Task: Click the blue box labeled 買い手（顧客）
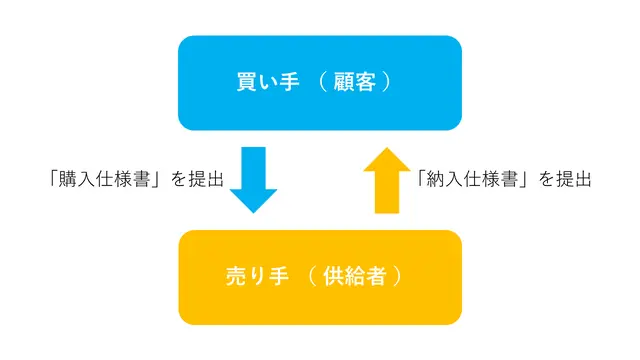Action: click(x=320, y=83)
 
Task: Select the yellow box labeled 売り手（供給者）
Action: click(x=320, y=278)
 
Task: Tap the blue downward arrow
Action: click(x=253, y=180)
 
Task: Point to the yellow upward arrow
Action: click(x=387, y=180)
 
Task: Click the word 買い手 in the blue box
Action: click(x=268, y=82)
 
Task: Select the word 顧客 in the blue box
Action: click(x=354, y=82)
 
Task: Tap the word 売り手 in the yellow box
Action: click(x=258, y=276)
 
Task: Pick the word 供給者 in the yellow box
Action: click(x=354, y=276)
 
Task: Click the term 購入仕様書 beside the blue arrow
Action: click(x=104, y=179)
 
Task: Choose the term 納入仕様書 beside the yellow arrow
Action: click(x=472, y=179)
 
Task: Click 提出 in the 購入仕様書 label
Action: click(x=206, y=179)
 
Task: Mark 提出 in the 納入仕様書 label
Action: click(x=574, y=179)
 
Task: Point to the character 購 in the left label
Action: click(x=67, y=179)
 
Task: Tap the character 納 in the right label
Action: click(x=435, y=179)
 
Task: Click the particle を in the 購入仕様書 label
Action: click(x=178, y=179)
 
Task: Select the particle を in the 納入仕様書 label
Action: click(x=546, y=179)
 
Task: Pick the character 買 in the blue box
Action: click(x=247, y=82)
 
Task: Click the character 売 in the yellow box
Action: click(x=236, y=276)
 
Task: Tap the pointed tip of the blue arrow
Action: click(x=253, y=213)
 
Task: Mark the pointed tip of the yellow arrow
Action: click(x=387, y=148)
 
